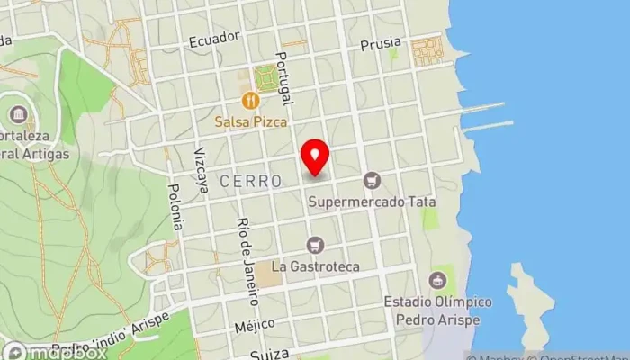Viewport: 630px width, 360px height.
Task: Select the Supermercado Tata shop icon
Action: point(371,182)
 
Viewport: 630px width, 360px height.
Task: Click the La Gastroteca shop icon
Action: point(315,245)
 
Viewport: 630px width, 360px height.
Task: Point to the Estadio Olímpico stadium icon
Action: point(437,280)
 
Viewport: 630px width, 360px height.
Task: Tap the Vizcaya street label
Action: point(200,166)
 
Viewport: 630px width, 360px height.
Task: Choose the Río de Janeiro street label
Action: point(247,249)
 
